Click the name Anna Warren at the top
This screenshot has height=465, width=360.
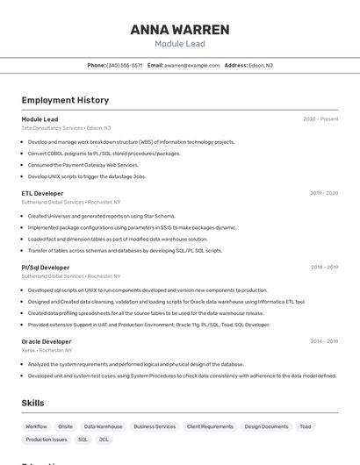179,29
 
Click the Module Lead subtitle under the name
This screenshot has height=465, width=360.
179,43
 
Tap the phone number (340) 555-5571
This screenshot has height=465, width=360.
124,65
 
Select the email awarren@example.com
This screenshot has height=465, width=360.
191,65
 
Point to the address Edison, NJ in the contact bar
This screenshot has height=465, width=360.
261,65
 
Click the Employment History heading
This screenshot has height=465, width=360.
65,100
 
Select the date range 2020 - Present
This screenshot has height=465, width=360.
320,118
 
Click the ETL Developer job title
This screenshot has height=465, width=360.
42,193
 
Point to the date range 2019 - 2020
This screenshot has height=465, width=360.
324,193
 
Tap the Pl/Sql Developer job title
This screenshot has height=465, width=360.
45,268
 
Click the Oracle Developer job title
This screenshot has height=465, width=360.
46,341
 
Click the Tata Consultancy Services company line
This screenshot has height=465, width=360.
66,127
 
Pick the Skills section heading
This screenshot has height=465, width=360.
32,403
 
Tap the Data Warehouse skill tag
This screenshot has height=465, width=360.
103,426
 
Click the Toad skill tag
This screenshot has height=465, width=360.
305,426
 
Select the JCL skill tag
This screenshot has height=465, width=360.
104,440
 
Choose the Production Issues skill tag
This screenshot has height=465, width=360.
46,440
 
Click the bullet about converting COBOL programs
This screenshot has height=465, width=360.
104,153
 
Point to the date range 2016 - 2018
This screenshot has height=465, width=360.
324,341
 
